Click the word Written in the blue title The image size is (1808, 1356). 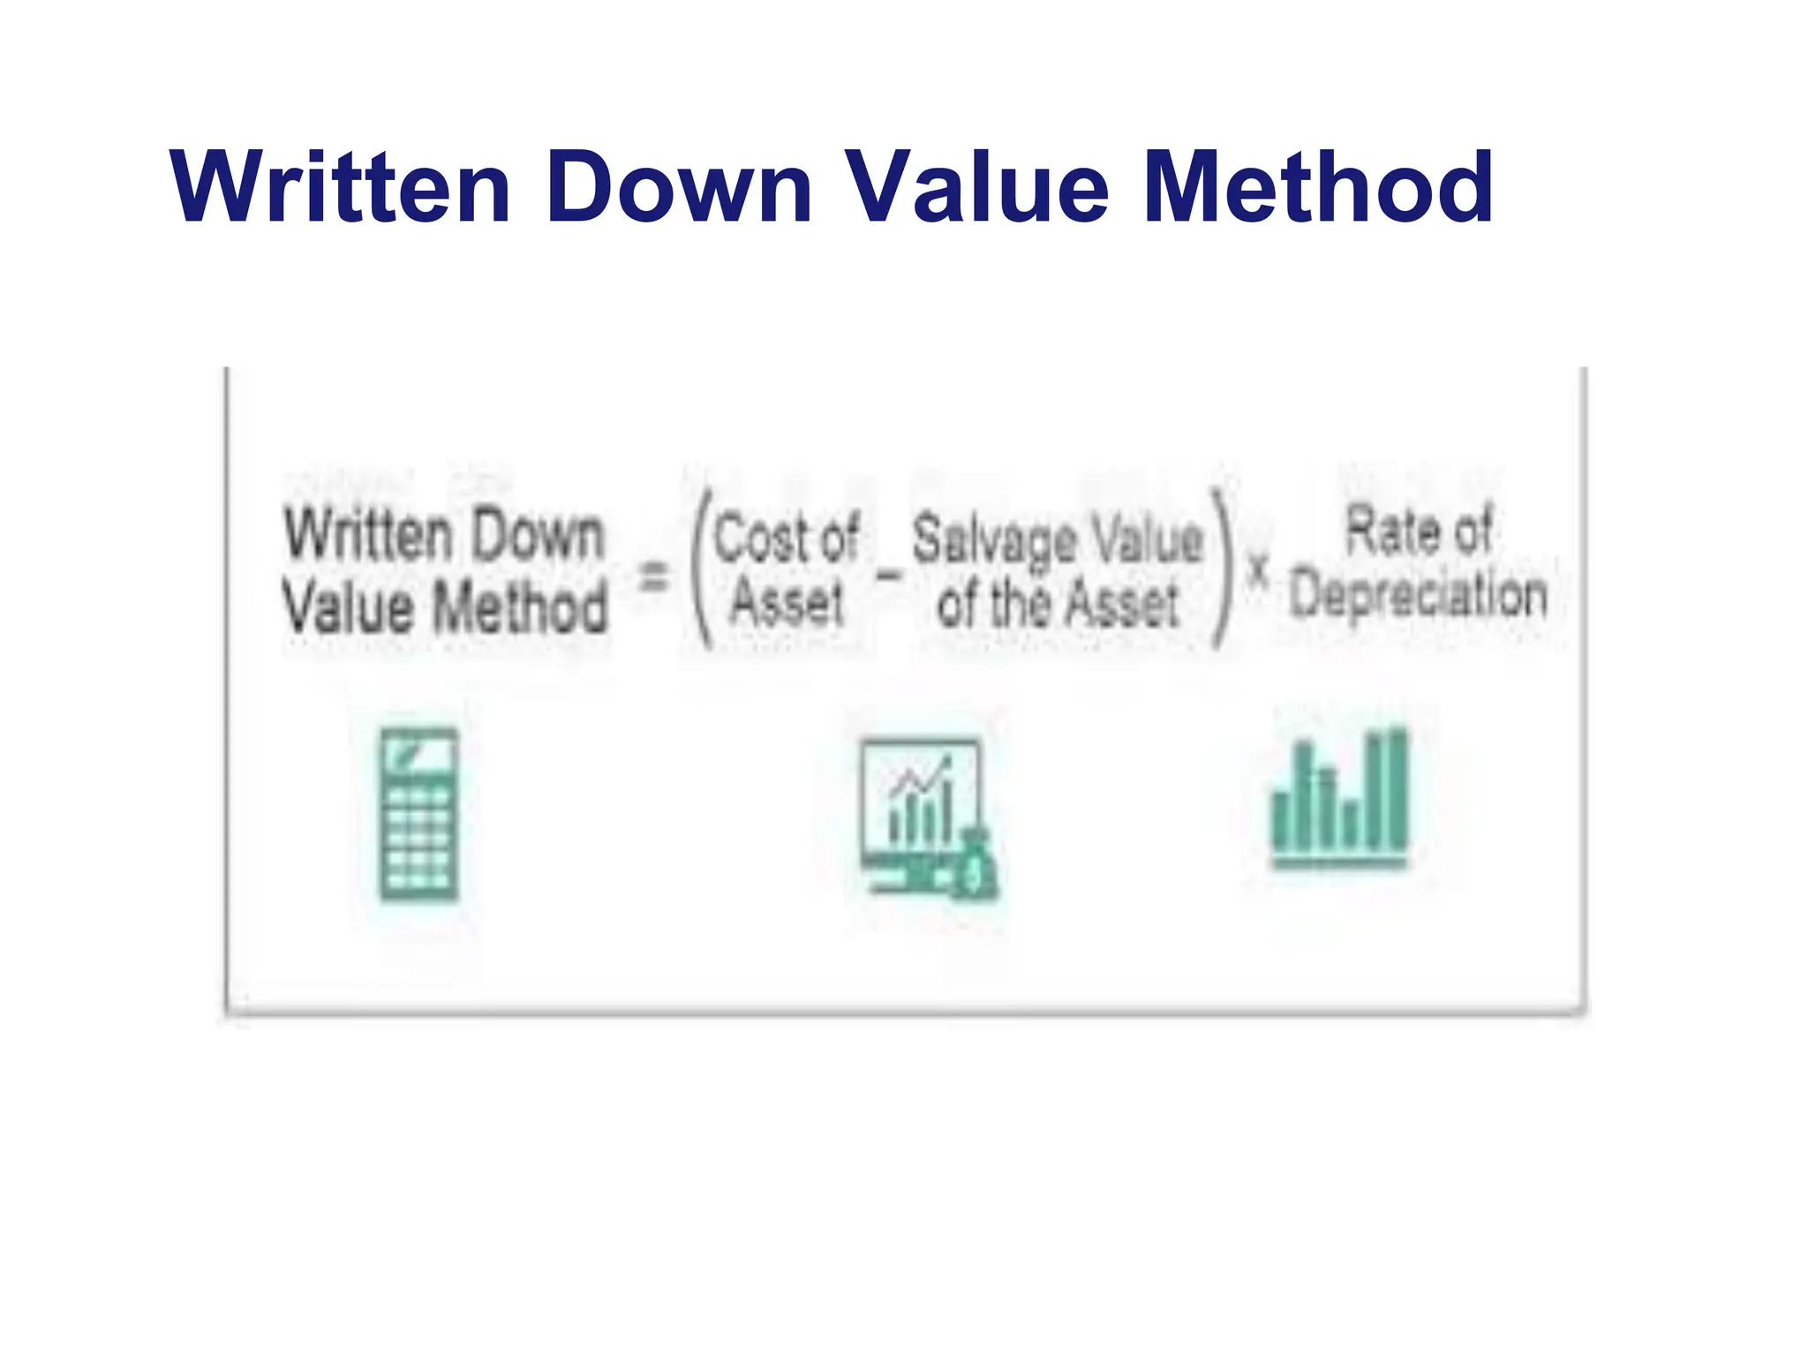341,187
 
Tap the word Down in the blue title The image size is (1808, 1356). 679,187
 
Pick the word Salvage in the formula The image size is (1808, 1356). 994,539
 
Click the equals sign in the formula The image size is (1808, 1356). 653,577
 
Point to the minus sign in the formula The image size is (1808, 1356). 888,576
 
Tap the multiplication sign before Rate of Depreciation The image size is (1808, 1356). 1258,571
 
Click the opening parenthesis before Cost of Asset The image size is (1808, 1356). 702,569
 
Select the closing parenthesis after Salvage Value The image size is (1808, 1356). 1222,569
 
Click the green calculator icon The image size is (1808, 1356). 419,814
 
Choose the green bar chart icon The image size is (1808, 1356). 1339,799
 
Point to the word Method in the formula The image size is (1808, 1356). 521,607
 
